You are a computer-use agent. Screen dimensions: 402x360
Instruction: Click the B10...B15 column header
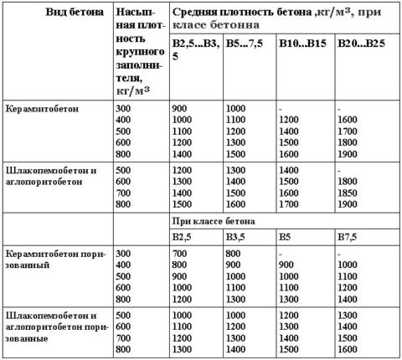click(304, 42)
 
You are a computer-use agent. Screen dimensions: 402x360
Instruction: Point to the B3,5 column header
click(239, 237)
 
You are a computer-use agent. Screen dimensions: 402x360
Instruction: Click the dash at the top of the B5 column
click(281, 252)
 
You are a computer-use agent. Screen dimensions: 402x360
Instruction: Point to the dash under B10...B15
click(281, 108)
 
